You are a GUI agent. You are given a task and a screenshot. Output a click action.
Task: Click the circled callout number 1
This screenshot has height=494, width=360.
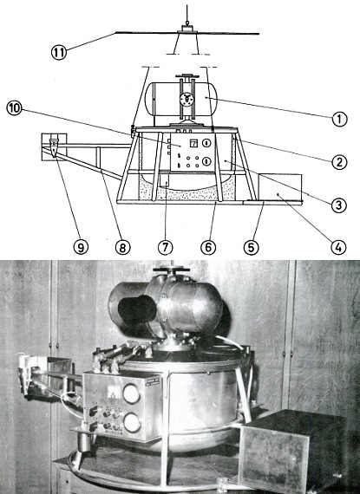[x=339, y=120]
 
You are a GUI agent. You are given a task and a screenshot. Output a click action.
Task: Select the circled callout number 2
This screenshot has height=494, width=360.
[x=339, y=162]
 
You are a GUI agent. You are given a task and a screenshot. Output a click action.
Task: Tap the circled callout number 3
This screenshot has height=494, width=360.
[x=339, y=205]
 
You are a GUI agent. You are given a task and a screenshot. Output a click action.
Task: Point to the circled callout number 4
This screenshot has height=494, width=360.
[x=338, y=247]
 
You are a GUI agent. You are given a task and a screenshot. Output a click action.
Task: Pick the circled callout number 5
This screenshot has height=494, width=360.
[x=252, y=247]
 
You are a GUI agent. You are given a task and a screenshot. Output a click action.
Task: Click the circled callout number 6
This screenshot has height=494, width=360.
[x=208, y=247]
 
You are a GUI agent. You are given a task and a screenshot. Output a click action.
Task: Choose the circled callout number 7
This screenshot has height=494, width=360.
[x=166, y=247]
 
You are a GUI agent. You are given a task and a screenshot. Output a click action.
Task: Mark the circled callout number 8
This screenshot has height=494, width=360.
[x=122, y=247]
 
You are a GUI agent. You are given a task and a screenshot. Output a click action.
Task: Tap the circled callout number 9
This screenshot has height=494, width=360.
[x=81, y=247]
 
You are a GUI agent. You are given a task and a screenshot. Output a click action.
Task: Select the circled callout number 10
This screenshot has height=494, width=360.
[x=14, y=108]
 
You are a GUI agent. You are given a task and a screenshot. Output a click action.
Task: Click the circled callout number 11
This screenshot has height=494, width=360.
[x=59, y=52]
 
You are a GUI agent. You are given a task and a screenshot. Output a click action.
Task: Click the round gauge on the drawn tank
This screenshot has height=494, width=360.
[x=186, y=100]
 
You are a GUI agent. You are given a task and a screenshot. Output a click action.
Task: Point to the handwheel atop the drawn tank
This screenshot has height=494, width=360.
[x=186, y=76]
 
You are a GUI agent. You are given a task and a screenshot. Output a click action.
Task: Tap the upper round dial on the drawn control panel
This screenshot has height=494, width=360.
[x=206, y=143]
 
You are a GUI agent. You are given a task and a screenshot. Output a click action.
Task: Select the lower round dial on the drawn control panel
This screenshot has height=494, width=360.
[x=206, y=161]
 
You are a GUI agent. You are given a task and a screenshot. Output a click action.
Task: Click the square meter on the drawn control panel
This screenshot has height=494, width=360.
[x=193, y=144]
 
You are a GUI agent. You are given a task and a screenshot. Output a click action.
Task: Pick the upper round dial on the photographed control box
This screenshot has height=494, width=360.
[x=132, y=393]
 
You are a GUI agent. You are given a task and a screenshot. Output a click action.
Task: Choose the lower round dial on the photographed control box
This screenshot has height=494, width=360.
[x=133, y=422]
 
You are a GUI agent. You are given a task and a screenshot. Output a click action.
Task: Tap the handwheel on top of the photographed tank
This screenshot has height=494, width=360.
[x=171, y=270]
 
